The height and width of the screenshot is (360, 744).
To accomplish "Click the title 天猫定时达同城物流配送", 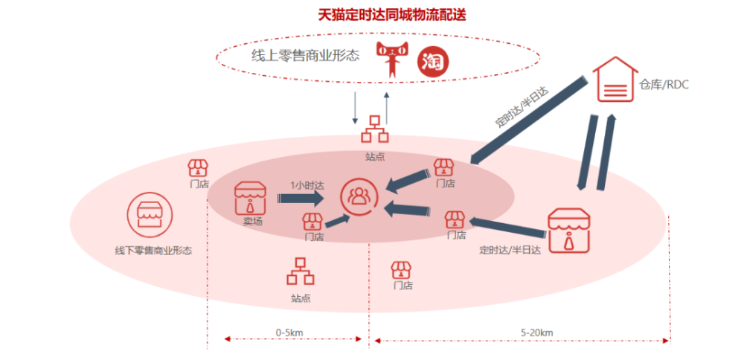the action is coord(392,15).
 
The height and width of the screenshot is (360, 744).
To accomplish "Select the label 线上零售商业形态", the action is coord(305,56).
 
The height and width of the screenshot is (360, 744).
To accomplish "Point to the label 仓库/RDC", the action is coord(664,85).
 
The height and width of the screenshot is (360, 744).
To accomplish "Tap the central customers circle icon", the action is coord(359,196).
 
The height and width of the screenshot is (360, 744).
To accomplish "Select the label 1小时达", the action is coord(307,186).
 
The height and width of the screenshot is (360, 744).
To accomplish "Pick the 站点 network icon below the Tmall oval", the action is coord(375,129).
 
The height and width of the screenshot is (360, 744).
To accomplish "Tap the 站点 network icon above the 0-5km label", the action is coord(301,271).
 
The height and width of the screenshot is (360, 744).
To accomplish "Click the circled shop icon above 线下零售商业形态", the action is coord(150,215).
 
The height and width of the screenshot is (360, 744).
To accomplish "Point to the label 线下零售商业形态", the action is coord(154,251).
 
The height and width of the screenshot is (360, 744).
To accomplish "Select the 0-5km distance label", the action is coord(289,332).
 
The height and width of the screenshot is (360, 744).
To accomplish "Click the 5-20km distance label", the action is coord(536,332).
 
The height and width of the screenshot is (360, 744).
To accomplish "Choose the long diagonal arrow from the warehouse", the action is coord(527,121).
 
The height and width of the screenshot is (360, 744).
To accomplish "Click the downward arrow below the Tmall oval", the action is coord(354,107).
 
